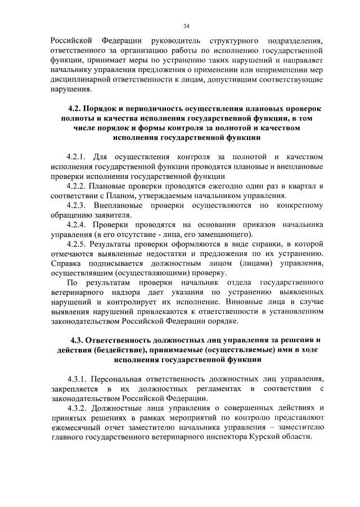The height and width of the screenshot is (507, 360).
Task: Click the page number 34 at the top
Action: coord(186,26)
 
